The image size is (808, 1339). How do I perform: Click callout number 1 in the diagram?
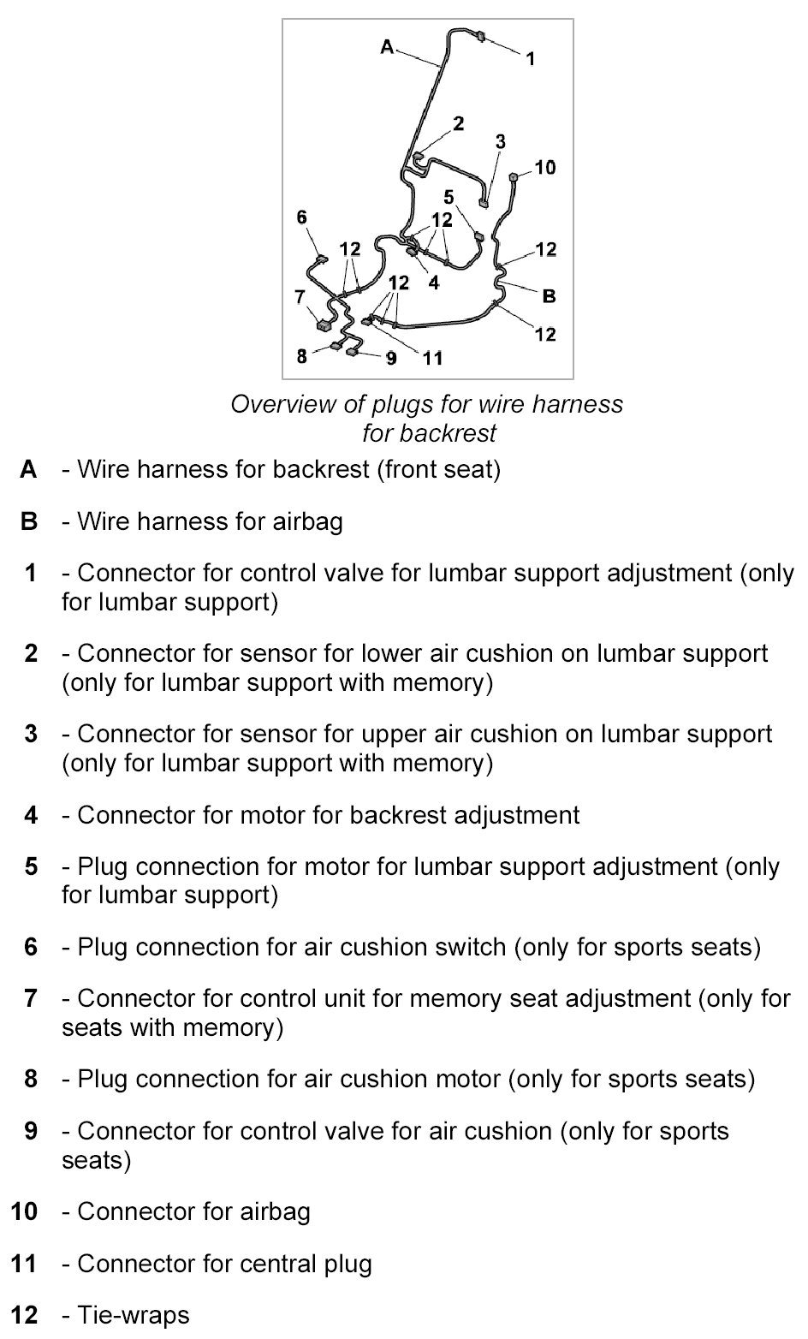pyautogui.click(x=531, y=58)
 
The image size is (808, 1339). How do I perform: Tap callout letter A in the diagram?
pyautogui.click(x=387, y=47)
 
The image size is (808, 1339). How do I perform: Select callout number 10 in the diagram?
pyautogui.click(x=545, y=167)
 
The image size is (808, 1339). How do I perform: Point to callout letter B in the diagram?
pyautogui.click(x=549, y=296)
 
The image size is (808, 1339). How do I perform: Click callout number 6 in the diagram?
pyautogui.click(x=301, y=217)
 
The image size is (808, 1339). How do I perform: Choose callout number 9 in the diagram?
pyautogui.click(x=391, y=358)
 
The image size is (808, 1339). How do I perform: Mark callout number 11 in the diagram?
pyautogui.click(x=433, y=358)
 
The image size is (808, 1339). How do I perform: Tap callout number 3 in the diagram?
pyautogui.click(x=501, y=141)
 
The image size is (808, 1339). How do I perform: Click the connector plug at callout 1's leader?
pyautogui.click(x=480, y=37)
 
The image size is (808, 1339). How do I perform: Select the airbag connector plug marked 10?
pyautogui.click(x=514, y=177)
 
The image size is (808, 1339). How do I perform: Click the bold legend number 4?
pyautogui.click(x=32, y=815)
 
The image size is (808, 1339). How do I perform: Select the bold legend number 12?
pyautogui.click(x=25, y=1314)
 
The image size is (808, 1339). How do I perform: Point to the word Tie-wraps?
pyautogui.click(x=134, y=1314)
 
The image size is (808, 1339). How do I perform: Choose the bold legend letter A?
pyautogui.click(x=29, y=469)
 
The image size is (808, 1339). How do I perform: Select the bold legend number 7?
pyautogui.click(x=32, y=998)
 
